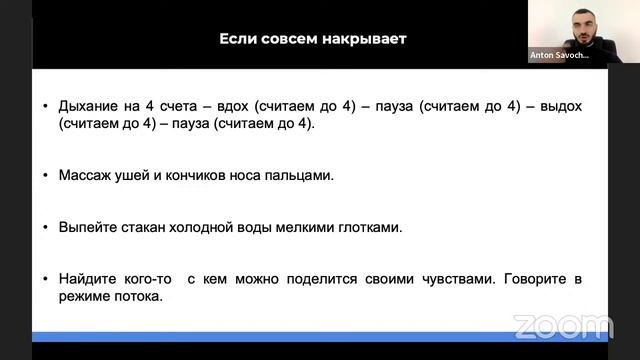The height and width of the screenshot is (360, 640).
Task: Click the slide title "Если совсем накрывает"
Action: pyautogui.click(x=313, y=39)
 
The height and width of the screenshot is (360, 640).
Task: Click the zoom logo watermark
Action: pyautogui.click(x=563, y=326)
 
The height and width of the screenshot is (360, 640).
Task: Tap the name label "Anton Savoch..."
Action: pyautogui.click(x=559, y=56)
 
